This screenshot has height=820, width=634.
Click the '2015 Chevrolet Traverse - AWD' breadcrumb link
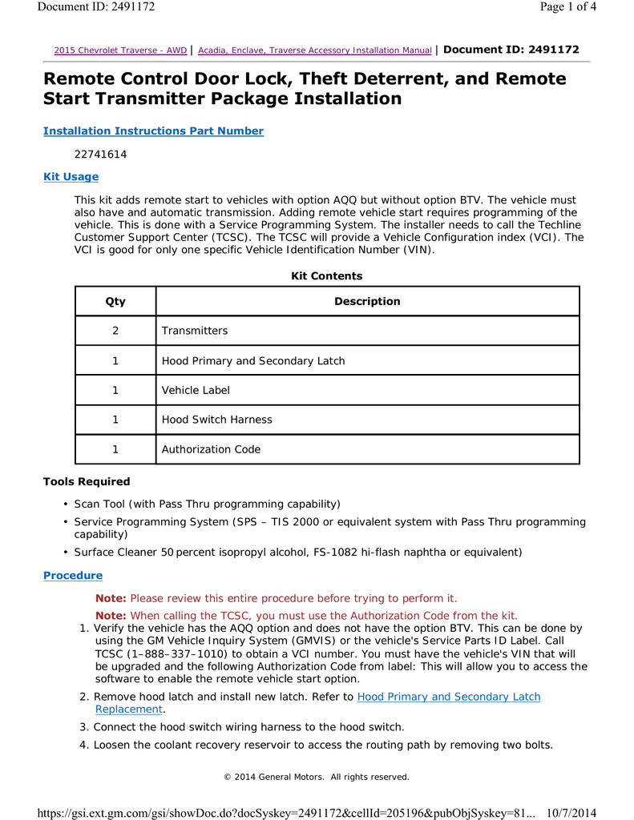[120, 50]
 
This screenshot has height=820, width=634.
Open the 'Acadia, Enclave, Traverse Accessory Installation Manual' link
[314, 50]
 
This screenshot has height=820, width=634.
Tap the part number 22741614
[100, 155]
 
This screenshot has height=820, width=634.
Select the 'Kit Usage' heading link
[71, 177]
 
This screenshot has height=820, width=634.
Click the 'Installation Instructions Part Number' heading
[153, 131]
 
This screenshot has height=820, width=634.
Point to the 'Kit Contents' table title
[326, 276]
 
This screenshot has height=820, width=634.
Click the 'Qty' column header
[115, 302]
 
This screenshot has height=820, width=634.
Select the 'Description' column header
[367, 302]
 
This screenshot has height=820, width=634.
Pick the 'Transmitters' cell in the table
[195, 331]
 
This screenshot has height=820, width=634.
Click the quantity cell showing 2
[115, 331]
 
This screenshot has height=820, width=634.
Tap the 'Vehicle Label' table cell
[196, 390]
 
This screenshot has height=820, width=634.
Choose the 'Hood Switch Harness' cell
[217, 420]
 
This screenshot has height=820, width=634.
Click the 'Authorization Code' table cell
[212, 449]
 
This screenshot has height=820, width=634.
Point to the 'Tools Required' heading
[86, 482]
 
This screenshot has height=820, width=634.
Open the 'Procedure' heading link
[72, 576]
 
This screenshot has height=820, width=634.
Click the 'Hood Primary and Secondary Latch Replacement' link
[448, 697]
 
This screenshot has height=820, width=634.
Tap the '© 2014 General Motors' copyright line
[316, 777]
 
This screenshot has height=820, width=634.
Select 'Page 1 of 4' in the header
[567, 7]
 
